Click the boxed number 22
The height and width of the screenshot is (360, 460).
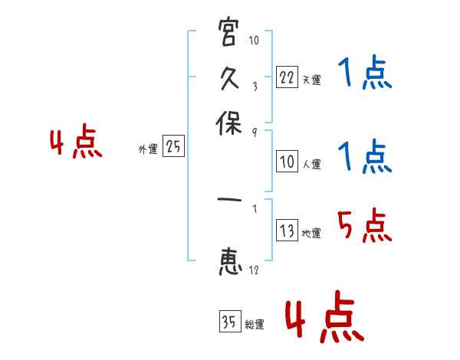pyautogui.click(x=286, y=77)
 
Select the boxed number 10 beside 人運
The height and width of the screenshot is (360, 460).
pyautogui.click(x=286, y=162)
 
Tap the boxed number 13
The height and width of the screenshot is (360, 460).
pyautogui.click(x=286, y=231)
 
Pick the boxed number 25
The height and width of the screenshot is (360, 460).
pyautogui.click(x=173, y=147)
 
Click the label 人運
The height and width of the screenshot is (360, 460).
pyautogui.click(x=311, y=164)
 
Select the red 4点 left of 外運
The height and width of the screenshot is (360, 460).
pyautogui.click(x=76, y=144)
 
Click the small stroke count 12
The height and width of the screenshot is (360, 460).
pyautogui.click(x=254, y=270)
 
